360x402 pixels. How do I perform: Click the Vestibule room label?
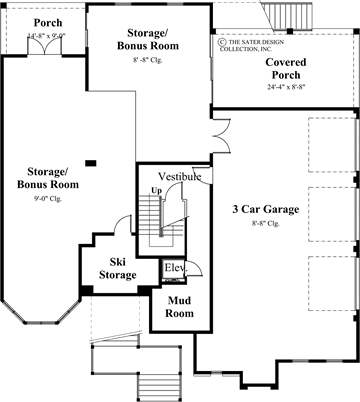click(x=180, y=176)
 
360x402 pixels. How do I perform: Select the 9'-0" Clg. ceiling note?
click(x=48, y=199)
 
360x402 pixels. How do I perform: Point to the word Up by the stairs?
click(x=155, y=189)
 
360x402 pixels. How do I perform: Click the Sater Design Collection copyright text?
click(x=262, y=44)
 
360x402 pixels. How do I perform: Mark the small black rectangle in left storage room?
click(x=91, y=162)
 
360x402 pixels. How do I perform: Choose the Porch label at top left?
click(x=45, y=22)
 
